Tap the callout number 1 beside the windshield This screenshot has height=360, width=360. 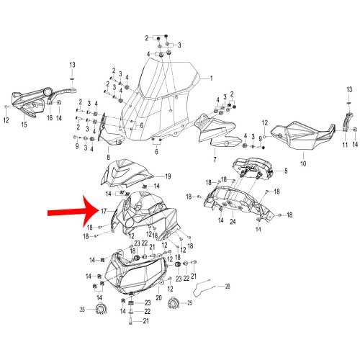(211, 78)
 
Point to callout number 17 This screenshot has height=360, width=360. (104, 211)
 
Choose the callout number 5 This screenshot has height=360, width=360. (285, 171)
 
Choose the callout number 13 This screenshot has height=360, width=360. (72, 66)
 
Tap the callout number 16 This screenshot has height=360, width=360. (50, 117)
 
